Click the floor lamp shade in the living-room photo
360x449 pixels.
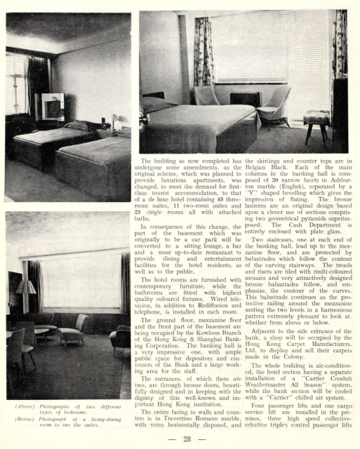26,287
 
